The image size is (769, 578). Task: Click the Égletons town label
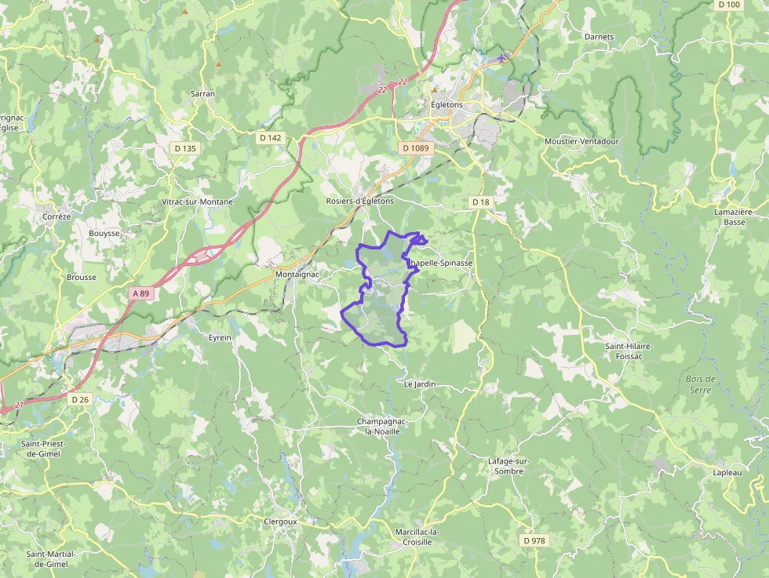[446, 104]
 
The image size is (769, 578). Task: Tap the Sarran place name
[202, 93]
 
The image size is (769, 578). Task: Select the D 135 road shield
[184, 147]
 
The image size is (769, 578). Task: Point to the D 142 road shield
[270, 137]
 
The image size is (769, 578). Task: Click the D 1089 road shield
[416, 147]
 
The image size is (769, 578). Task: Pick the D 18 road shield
[481, 202]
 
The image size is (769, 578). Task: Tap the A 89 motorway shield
[140, 293]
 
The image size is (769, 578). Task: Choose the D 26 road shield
[80, 399]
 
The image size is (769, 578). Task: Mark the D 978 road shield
[534, 540]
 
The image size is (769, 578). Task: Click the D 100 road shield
[729, 5]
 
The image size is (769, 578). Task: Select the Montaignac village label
[297, 275]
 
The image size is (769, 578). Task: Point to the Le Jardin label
[419, 384]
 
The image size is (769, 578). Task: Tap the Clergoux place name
[280, 520]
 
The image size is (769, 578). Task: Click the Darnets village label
[599, 37]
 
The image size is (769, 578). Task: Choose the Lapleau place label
[727, 472]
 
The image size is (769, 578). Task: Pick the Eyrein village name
[220, 337]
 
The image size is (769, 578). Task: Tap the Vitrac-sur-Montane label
[197, 202]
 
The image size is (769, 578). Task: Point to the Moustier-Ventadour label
[581, 141]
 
